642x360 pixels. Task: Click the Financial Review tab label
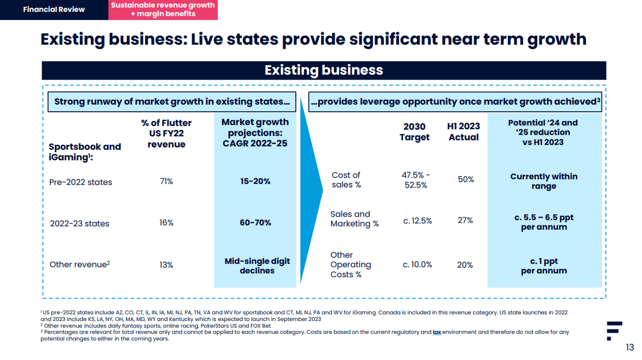54,10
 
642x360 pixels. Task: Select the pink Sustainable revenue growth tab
163,10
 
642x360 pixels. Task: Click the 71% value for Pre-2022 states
167,182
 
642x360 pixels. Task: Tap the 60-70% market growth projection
255,223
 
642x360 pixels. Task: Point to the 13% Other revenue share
167,265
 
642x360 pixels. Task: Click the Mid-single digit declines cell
257,266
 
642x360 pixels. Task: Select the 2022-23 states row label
79,224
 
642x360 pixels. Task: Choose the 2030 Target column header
414,132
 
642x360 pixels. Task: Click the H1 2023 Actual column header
463,132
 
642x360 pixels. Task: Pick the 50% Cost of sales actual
465,179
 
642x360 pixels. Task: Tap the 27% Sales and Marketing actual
465,220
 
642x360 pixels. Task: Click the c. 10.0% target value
417,265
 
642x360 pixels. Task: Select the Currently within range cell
544,181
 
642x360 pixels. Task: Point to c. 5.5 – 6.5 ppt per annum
544,222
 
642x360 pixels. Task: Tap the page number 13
629,347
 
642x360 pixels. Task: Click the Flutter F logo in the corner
613,330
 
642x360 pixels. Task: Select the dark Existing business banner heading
324,70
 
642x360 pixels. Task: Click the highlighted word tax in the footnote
436,332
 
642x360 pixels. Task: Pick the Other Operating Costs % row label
351,265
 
